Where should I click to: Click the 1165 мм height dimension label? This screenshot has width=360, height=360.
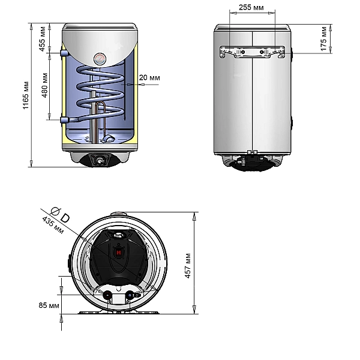[25, 95]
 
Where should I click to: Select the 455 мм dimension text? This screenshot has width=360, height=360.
[43, 39]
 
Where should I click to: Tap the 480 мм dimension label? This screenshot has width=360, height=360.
[45, 85]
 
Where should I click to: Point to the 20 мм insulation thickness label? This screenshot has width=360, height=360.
[149, 77]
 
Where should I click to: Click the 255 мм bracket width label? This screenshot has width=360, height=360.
[251, 7]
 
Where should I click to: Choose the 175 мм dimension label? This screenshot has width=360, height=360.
[323, 39]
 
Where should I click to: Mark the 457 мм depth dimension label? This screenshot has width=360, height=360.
[188, 266]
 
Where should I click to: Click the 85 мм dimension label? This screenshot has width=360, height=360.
[49, 305]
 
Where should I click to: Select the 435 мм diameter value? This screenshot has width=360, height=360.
[53, 225]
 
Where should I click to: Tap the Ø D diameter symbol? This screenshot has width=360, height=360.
[60, 215]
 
